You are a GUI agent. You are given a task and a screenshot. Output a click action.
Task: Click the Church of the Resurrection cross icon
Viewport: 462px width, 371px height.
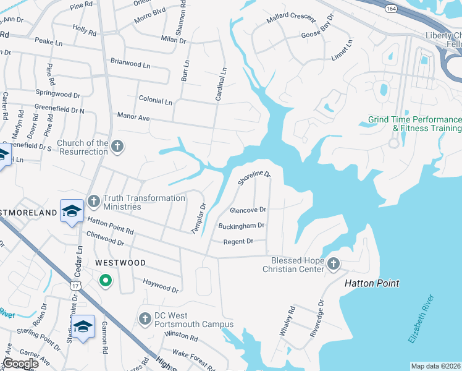pos(117,147)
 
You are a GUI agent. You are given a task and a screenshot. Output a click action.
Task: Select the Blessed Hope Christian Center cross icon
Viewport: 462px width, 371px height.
pos(333,264)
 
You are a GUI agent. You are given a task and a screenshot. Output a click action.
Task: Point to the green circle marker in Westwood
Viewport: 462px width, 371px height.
pos(106,281)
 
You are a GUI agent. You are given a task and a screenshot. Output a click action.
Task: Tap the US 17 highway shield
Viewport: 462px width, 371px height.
pos(75,286)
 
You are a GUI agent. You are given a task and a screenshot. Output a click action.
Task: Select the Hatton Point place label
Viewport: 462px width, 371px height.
pos(371,283)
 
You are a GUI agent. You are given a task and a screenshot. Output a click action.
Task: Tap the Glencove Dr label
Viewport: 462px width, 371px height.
pos(248,210)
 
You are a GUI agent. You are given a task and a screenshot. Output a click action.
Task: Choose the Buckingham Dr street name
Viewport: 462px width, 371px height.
pos(241,226)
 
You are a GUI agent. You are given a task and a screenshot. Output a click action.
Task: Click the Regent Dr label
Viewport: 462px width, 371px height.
pos(238,241)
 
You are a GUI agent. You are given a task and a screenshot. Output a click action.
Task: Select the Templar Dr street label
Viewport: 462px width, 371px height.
pos(198,218)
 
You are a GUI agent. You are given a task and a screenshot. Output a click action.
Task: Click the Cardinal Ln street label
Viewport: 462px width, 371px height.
pos(220,84)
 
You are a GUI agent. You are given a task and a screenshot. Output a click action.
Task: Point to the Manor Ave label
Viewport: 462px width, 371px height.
pos(134,117)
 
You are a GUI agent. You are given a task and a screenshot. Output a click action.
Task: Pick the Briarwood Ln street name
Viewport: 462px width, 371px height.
pos(130,64)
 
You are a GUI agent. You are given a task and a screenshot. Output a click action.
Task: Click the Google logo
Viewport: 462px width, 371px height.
pos(21,364)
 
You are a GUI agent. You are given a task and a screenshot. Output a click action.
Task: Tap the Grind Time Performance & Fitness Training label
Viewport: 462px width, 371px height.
pos(414,124)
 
